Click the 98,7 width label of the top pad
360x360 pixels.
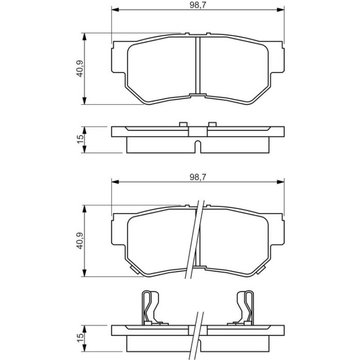point(198,6)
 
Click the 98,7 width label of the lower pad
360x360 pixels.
point(198,177)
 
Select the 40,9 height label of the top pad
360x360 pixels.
point(80,68)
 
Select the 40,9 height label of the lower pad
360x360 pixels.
point(80,241)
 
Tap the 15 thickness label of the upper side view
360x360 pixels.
point(80,139)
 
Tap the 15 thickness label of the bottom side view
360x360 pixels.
point(80,338)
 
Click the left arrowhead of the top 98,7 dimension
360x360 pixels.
point(115,10)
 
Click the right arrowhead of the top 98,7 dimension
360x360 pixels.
point(281,10)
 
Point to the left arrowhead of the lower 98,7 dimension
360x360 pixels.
point(115,182)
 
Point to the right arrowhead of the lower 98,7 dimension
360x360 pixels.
point(281,182)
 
